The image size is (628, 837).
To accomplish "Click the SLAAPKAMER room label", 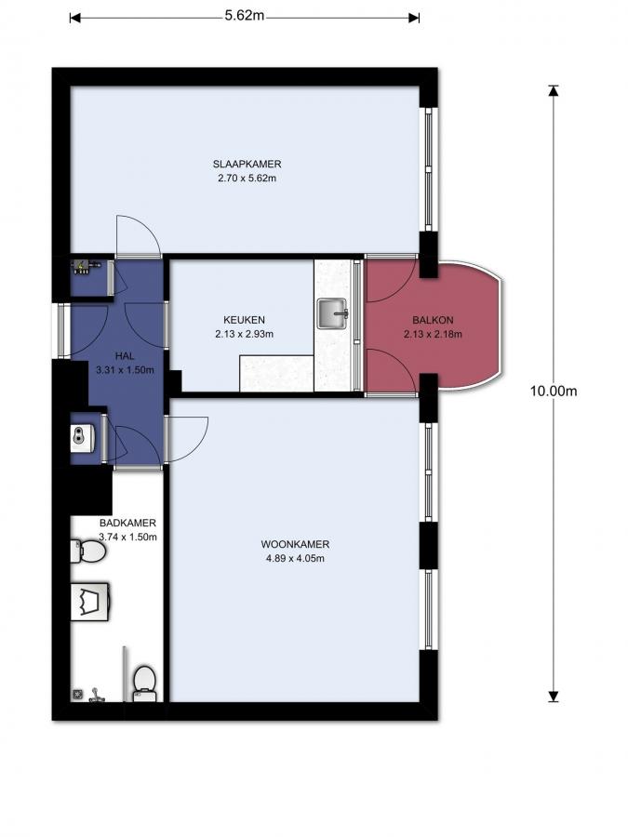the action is [x=247, y=164].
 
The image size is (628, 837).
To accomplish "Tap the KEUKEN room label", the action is [x=244, y=320].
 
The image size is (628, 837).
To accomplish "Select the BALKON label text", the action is [x=433, y=320].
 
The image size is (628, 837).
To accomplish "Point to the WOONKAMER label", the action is [x=295, y=544].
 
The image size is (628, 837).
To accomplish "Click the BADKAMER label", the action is [x=127, y=523].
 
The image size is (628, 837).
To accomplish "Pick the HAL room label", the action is [x=125, y=356].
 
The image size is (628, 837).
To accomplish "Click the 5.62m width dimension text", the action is [x=244, y=16].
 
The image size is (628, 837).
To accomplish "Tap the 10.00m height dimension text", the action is [x=554, y=391].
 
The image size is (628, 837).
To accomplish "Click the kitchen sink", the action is [x=333, y=313].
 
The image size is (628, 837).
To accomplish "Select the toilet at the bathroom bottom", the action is [x=144, y=684].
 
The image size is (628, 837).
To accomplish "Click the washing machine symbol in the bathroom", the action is [x=90, y=602].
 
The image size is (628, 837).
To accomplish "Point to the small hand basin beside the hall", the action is [x=82, y=439].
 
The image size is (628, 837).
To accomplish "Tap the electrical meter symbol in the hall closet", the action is [x=87, y=267].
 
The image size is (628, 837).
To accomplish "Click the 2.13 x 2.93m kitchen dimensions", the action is [x=244, y=334].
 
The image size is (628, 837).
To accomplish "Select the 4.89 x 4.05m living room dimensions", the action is [x=295, y=558].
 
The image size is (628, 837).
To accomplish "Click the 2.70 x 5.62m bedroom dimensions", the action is [x=247, y=179].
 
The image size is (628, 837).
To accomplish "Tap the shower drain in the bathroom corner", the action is [x=77, y=694].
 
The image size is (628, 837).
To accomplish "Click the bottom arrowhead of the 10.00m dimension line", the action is [x=554, y=696].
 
